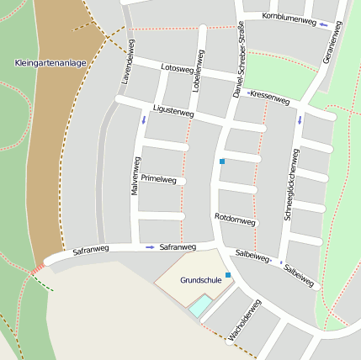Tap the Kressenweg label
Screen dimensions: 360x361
coord(269,97)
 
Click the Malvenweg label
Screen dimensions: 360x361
coord(135,175)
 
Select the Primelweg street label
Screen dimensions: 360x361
coord(158,179)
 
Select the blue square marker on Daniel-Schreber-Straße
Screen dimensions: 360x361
coord(222,161)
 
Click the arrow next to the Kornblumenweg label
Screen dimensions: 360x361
coord(325,24)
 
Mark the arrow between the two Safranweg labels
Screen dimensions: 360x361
coord(150,247)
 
